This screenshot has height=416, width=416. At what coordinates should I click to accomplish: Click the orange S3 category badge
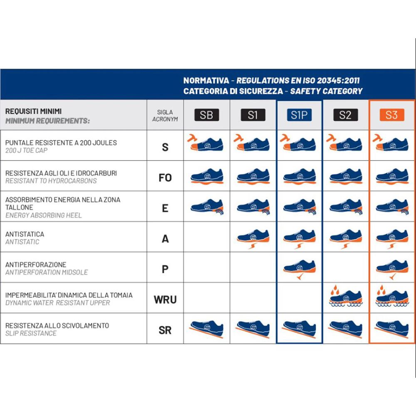point(391,115)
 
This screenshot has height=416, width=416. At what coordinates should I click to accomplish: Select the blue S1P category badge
point(299,115)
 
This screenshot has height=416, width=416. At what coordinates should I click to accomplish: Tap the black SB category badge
point(206,115)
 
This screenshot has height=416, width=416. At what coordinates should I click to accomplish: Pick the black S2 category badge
point(345,115)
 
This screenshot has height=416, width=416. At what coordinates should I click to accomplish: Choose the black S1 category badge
point(253,115)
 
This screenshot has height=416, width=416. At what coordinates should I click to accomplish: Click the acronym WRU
point(165,300)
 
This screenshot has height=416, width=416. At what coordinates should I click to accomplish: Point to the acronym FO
point(165,178)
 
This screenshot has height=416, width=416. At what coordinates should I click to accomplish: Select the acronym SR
point(165,330)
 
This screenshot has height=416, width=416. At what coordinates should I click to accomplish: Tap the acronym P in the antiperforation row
point(165,269)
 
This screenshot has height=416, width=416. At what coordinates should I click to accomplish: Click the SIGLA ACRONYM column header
point(165,116)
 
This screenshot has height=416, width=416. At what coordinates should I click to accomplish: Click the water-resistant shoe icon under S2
point(346,296)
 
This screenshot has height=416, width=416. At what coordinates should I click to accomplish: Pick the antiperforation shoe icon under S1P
point(300,269)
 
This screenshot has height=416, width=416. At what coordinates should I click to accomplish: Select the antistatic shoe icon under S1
point(253,238)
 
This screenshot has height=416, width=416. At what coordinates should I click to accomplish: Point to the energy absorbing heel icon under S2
point(346,207)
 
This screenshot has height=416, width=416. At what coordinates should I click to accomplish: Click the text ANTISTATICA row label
point(25,234)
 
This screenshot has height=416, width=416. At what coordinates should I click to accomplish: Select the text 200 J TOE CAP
point(27,151)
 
